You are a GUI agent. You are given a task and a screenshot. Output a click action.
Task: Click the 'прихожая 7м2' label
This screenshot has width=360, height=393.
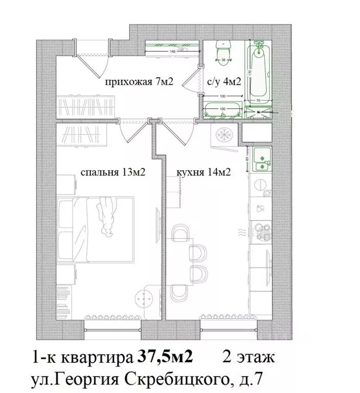(137, 82)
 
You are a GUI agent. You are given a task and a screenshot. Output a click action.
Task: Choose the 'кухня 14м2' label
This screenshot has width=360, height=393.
(203, 172)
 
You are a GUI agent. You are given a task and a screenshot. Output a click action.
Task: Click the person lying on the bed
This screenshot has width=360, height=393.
(107, 217)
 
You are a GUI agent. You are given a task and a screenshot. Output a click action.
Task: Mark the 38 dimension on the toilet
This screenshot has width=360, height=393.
(223, 60)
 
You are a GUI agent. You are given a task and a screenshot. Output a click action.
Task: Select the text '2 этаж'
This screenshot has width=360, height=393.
(249, 357)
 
